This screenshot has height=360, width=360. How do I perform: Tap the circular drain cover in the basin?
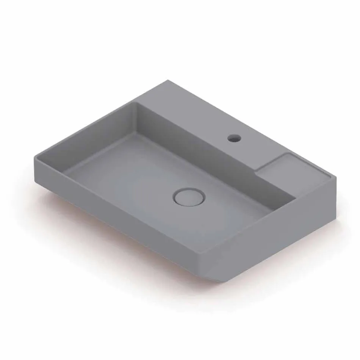[189, 197]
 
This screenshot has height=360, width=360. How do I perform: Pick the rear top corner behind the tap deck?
[167, 81]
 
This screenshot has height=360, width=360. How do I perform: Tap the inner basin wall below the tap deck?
[212, 159]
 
